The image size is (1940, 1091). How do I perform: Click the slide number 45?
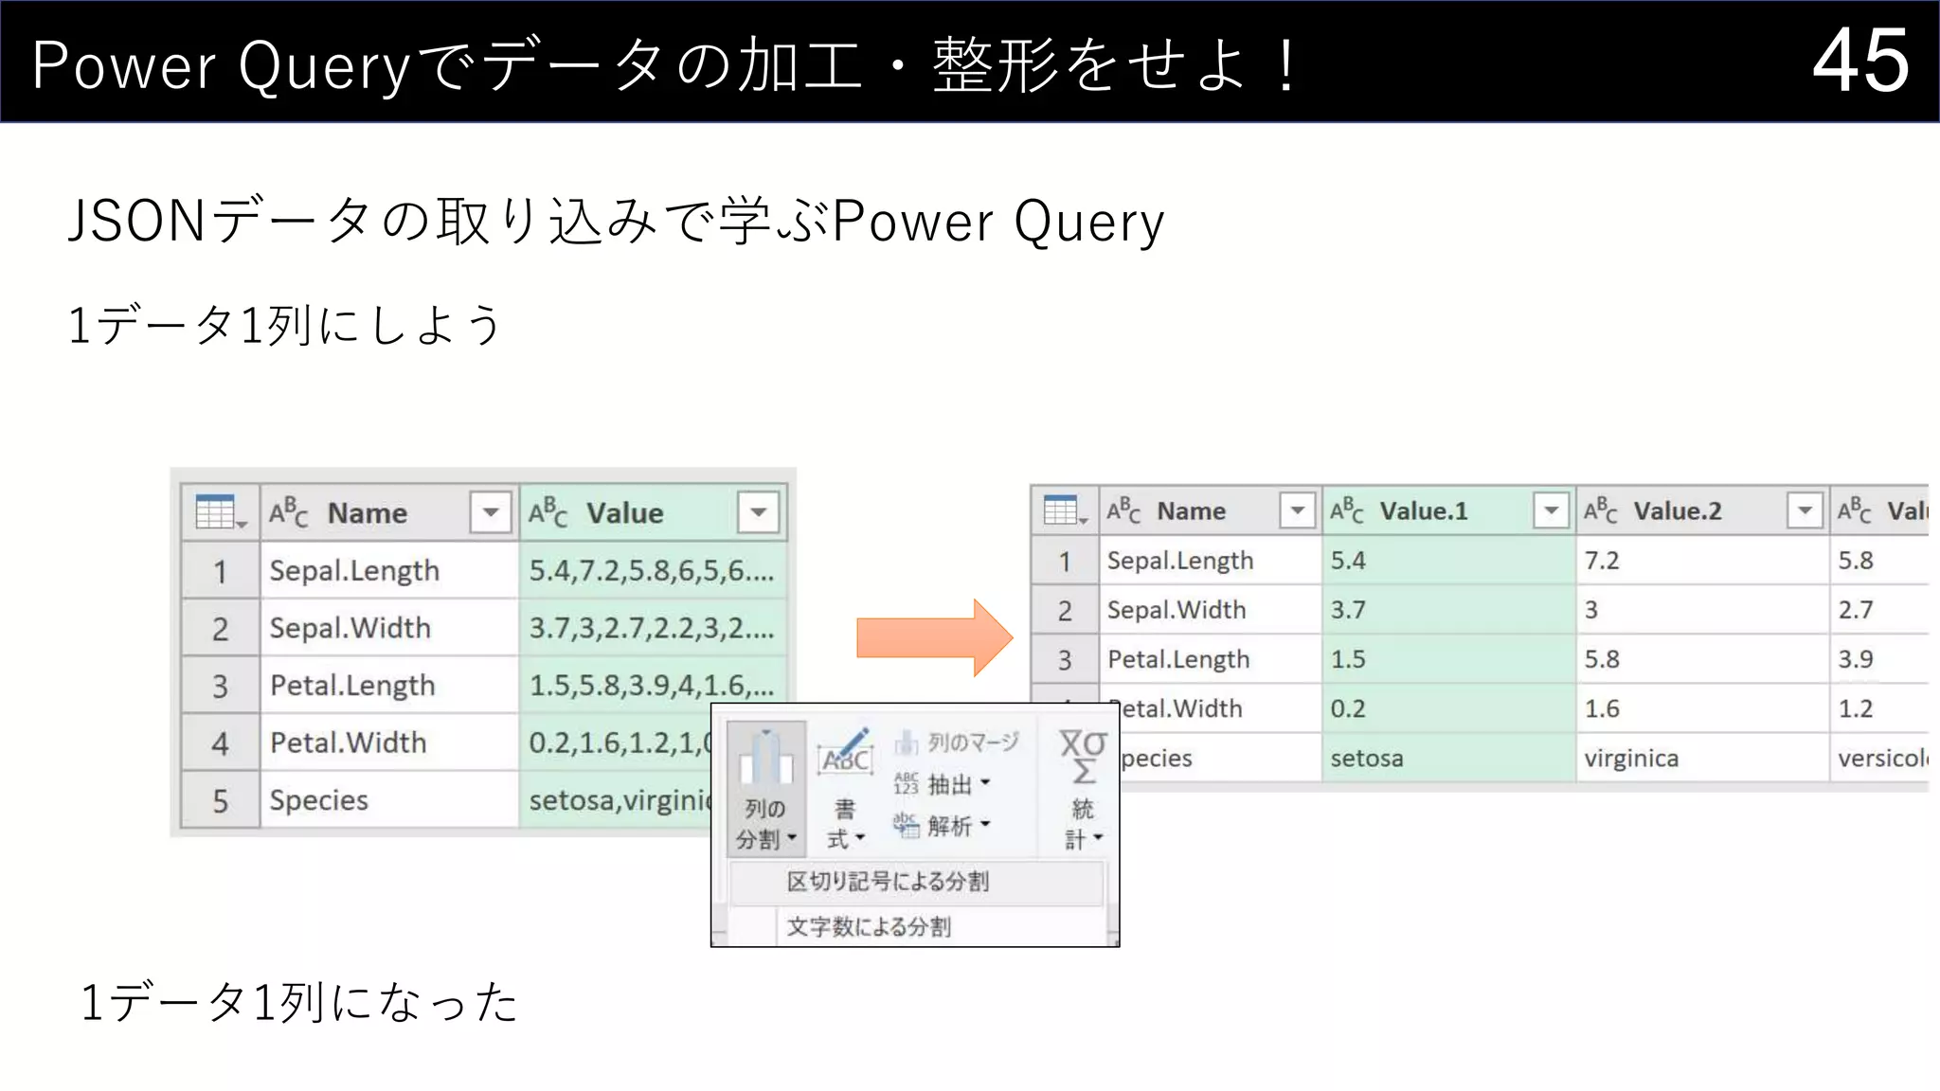click(x=1860, y=62)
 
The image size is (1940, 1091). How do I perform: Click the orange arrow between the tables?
click(x=933, y=637)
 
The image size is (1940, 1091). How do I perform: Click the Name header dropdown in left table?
click(x=491, y=512)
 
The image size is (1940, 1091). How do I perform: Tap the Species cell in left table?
click(x=318, y=800)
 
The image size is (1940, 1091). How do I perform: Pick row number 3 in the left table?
click(x=220, y=686)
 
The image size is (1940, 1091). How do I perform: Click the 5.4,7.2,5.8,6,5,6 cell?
click(x=652, y=571)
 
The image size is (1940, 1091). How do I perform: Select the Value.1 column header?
click(x=1423, y=511)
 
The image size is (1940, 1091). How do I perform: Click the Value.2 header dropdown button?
click(x=1805, y=510)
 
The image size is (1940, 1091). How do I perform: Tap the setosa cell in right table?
click(x=1366, y=759)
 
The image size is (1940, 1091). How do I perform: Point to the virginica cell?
click(x=1630, y=759)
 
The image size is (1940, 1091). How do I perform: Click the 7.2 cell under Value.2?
click(x=1602, y=561)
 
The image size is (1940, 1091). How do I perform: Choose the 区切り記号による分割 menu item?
click(x=888, y=882)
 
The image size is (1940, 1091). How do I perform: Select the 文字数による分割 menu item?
click(x=868, y=926)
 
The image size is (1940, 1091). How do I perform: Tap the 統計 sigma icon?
click(x=1083, y=759)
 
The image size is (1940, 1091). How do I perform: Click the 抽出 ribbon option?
click(x=948, y=785)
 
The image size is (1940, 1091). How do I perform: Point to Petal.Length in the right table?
click(x=1178, y=659)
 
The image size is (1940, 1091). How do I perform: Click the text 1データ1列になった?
click(x=299, y=1003)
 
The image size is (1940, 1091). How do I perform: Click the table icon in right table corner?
click(x=1063, y=511)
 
